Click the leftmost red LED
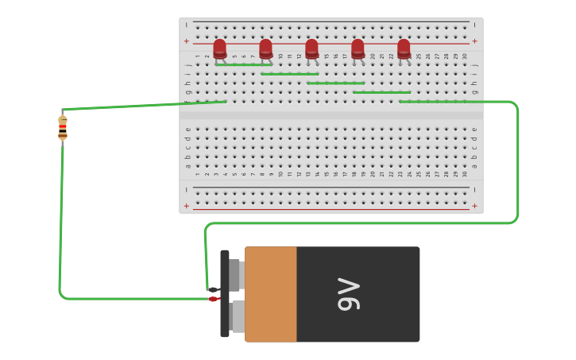click(219, 48)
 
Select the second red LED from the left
click(265, 48)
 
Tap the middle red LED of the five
click(311, 48)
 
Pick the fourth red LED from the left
click(358, 48)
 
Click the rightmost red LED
click(404, 48)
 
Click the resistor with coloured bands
click(63, 127)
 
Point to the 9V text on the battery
click(349, 294)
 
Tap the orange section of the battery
click(270, 294)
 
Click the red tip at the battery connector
click(214, 299)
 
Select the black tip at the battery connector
click(214, 289)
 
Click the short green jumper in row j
click(243, 64)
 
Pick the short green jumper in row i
click(289, 74)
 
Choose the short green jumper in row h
click(335, 83)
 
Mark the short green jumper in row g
click(381, 92)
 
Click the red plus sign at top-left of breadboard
click(187, 41)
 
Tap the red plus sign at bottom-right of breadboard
click(474, 205)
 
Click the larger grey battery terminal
click(238, 316)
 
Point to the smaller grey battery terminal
click(234, 275)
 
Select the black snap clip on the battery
click(225, 294)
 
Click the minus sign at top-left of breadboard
click(187, 25)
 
